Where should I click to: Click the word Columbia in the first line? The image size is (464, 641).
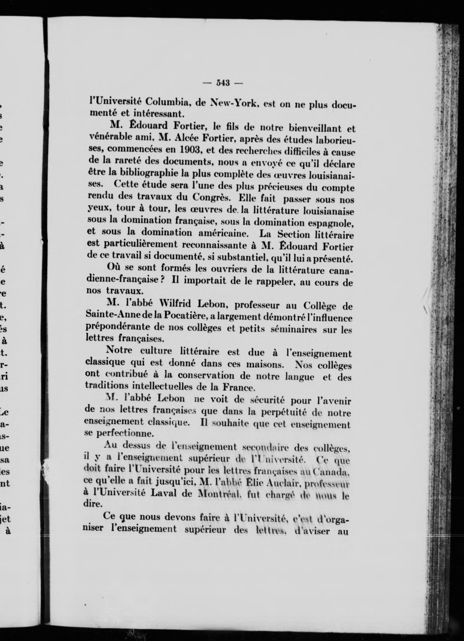point(166,102)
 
